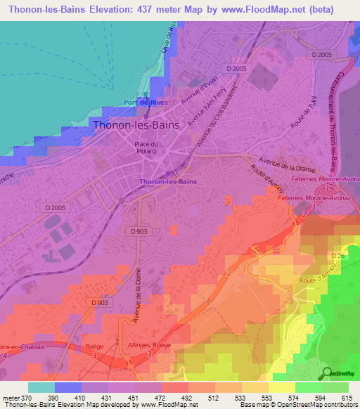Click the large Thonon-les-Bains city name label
pyautogui.click(x=136, y=124)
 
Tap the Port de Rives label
pyautogui.click(x=144, y=102)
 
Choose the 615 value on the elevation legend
pyautogui.click(x=347, y=398)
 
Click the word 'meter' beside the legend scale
pyautogui.click(x=12, y=398)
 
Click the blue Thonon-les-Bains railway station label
pyautogui.click(x=168, y=182)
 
